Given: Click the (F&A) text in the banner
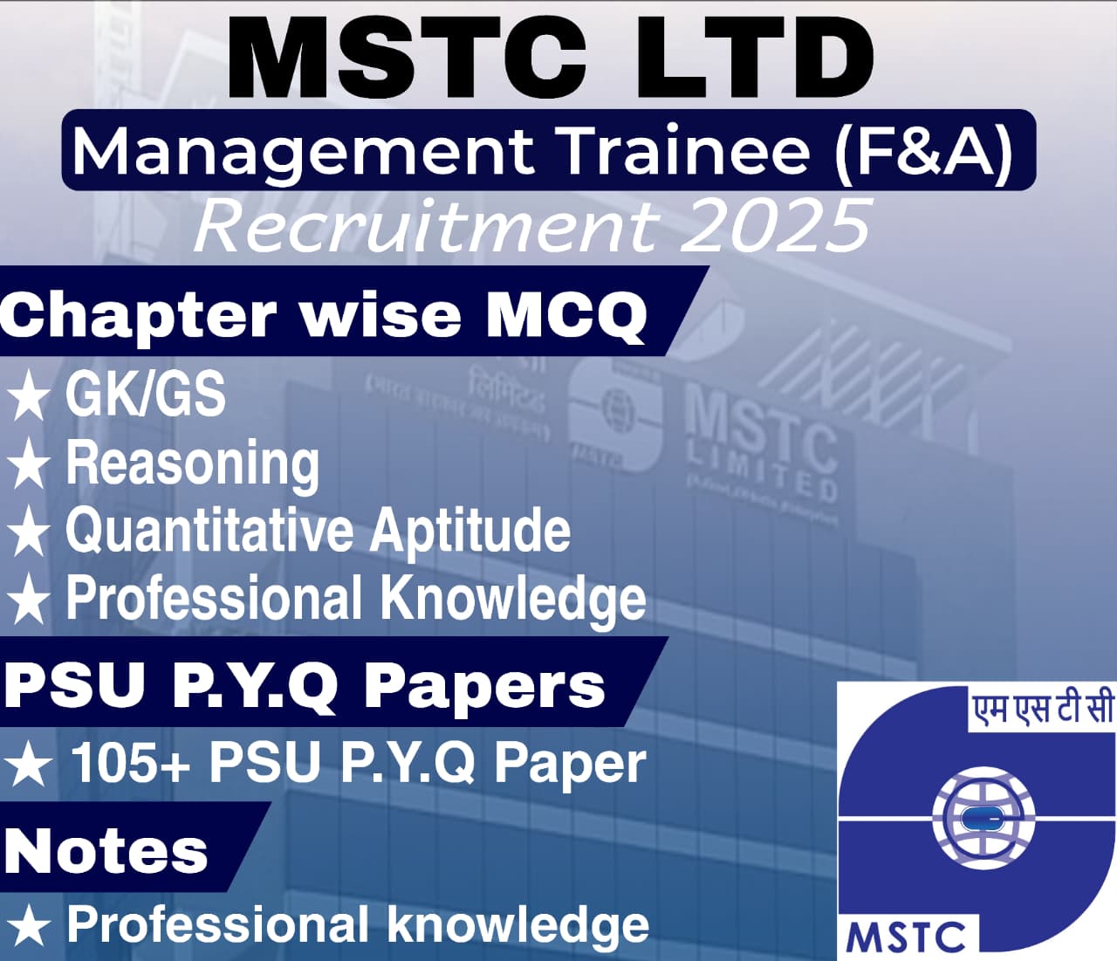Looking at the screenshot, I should pyautogui.click(x=925, y=150).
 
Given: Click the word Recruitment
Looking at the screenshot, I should pyautogui.click(x=427, y=226).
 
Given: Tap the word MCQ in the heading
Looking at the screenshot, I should pyautogui.click(x=566, y=314).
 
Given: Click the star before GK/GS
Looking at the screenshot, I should pyautogui.click(x=28, y=396).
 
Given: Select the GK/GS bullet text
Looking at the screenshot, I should pyautogui.click(x=146, y=395).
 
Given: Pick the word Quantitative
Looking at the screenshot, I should pyautogui.click(x=209, y=531).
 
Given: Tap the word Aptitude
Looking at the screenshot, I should pyautogui.click(x=470, y=531).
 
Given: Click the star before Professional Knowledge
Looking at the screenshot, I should pyautogui.click(x=28, y=601).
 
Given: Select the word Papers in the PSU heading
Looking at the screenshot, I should pyautogui.click(x=483, y=685).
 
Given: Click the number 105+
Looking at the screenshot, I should pyautogui.click(x=130, y=762).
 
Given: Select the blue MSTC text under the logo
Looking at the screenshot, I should pyautogui.click(x=907, y=937).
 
